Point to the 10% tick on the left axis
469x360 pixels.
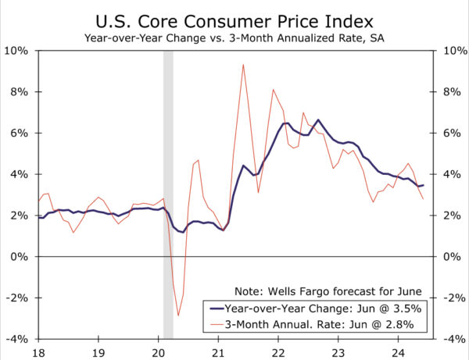pos(18,51)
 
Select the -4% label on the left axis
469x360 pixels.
pos(18,339)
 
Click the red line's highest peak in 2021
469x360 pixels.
pos(244,65)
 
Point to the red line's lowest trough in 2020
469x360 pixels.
pos(177,315)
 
